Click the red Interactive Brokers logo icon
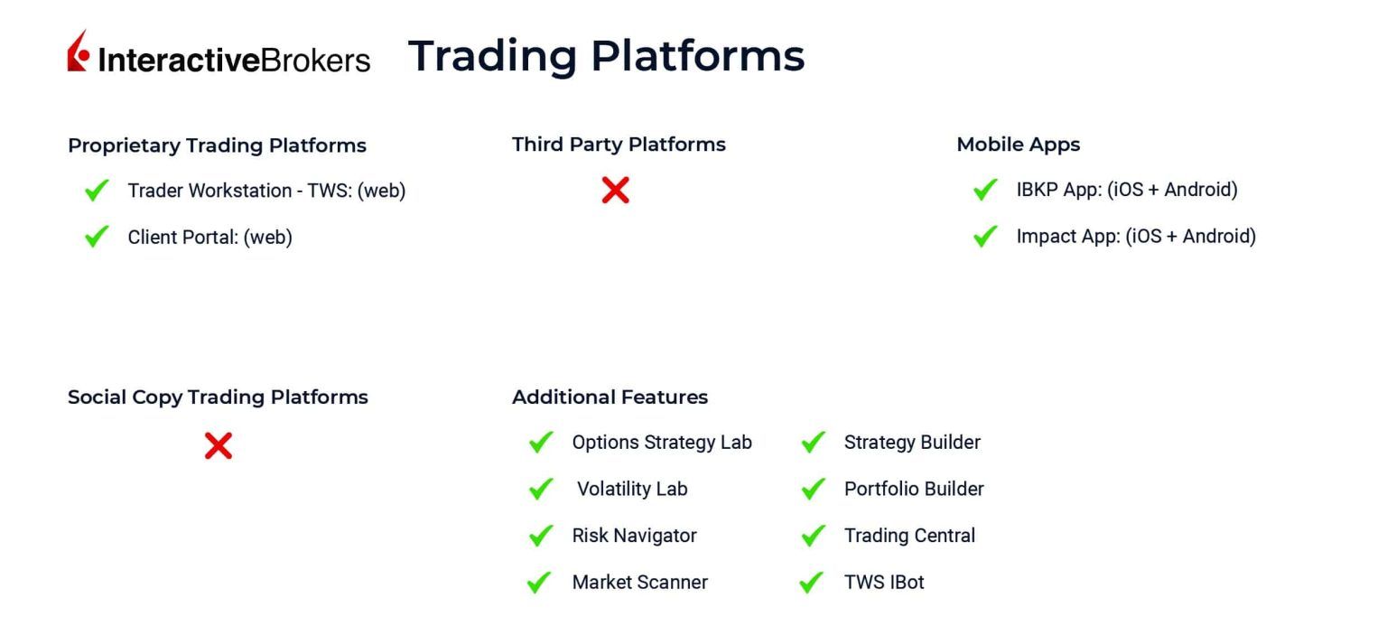[x=79, y=51]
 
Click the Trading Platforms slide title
[x=606, y=55]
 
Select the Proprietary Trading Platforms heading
[x=217, y=145]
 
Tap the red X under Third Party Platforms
[x=615, y=190]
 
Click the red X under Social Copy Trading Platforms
[x=219, y=445]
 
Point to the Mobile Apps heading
[x=1018, y=145]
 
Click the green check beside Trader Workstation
[x=97, y=191]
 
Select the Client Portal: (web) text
[x=209, y=238]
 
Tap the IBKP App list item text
[x=1126, y=190]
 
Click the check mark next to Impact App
[x=985, y=237]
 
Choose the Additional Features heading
[x=610, y=397]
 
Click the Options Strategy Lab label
[x=661, y=443]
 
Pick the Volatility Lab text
[x=632, y=490]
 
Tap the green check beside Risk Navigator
[x=541, y=536]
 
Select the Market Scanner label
[x=639, y=583]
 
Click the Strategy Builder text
[x=912, y=443]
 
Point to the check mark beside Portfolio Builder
[x=813, y=490]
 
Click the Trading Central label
[x=909, y=536]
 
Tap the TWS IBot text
[x=884, y=583]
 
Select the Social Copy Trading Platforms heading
[x=218, y=397]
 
